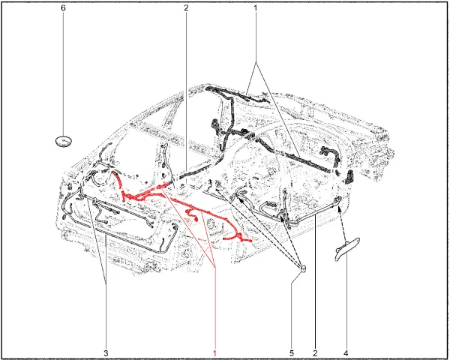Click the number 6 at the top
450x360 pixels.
tap(63, 7)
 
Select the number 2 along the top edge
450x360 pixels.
tap(186, 7)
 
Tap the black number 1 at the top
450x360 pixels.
tap(256, 7)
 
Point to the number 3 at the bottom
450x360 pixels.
tap(106, 353)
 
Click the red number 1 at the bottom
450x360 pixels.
tap(214, 353)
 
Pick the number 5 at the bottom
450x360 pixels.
tap(292, 353)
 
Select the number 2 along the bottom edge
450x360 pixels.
tap(316, 353)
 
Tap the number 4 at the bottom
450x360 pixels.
tap(346, 353)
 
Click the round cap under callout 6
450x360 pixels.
tap(64, 141)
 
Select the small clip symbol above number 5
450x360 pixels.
tap(303, 269)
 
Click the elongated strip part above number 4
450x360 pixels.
tap(347, 249)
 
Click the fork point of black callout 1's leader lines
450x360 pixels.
tap(256, 62)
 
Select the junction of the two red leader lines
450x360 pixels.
tap(215, 267)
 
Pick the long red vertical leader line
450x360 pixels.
tap(215, 307)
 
